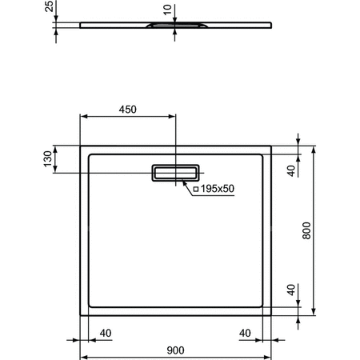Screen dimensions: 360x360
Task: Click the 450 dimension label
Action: click(128, 109)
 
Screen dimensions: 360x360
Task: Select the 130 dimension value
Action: click(47, 159)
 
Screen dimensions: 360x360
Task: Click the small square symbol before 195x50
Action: click(196, 189)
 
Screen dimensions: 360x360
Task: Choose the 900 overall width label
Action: click(177, 350)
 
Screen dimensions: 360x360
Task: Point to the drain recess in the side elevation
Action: click(175, 27)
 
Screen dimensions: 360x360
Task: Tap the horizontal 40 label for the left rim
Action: click(105, 334)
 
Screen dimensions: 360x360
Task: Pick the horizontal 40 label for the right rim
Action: click(246, 334)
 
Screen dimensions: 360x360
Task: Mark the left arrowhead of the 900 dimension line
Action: click(82, 356)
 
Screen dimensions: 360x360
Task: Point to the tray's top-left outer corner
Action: click(79, 146)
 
